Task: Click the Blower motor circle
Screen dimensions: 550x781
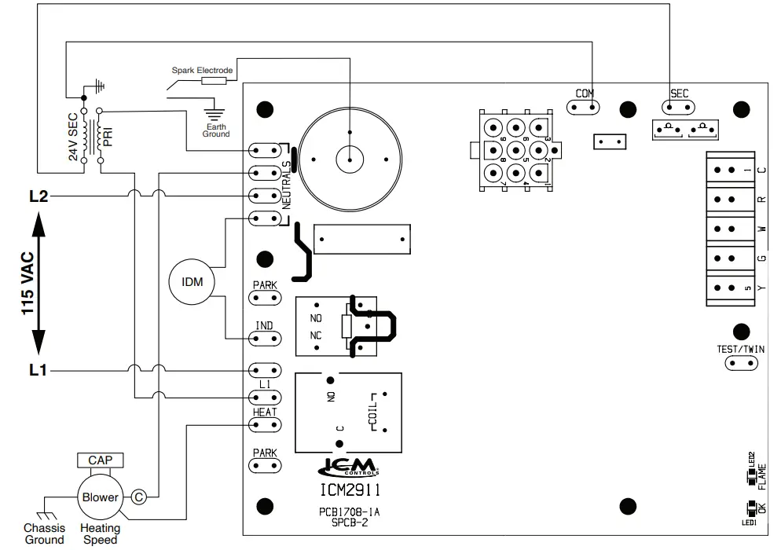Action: tap(101, 497)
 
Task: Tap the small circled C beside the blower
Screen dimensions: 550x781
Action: tap(138, 497)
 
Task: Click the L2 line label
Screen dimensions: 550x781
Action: tap(38, 196)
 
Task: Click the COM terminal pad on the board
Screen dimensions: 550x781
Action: tap(585, 105)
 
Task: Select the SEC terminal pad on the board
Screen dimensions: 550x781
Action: tap(679, 105)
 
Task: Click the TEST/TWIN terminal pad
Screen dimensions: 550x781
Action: tap(742, 363)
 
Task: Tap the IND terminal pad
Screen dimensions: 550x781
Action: tap(265, 339)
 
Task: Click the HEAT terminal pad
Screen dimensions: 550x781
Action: tap(265, 425)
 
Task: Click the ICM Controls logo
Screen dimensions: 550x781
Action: tap(349, 467)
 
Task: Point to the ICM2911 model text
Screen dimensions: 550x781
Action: tap(349, 491)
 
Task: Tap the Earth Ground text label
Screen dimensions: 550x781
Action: tap(216, 130)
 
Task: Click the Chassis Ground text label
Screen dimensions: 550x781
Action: tap(45, 534)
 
